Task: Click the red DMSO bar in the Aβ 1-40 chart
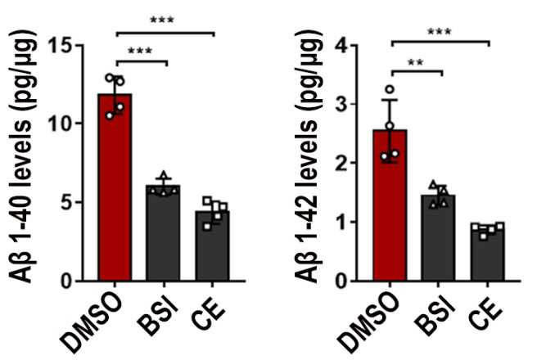coord(115,187)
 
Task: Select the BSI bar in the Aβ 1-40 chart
coord(163,233)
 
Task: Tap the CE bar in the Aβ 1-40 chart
coord(212,245)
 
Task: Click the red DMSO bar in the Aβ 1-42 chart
coord(390,205)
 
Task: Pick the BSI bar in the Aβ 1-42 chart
coord(439,238)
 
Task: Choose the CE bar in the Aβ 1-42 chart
coord(487,252)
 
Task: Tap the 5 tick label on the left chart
coord(67,202)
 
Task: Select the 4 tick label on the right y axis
coord(342,45)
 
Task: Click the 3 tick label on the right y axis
coord(342,104)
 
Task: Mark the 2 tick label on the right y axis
coord(342,163)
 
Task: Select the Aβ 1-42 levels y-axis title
coord(309,157)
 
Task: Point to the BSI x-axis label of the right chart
coord(435,317)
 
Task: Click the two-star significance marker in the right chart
coord(415,63)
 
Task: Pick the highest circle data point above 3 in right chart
coord(390,90)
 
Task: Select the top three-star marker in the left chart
coord(162,20)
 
